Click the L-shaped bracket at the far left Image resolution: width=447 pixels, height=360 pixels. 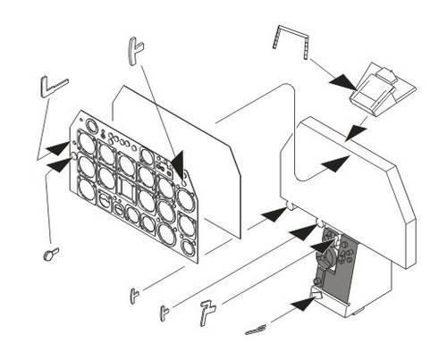click(x=53, y=88)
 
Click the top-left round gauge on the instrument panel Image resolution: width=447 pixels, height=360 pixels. click(x=88, y=141)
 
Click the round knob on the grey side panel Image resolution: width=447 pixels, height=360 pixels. click(x=332, y=259)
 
